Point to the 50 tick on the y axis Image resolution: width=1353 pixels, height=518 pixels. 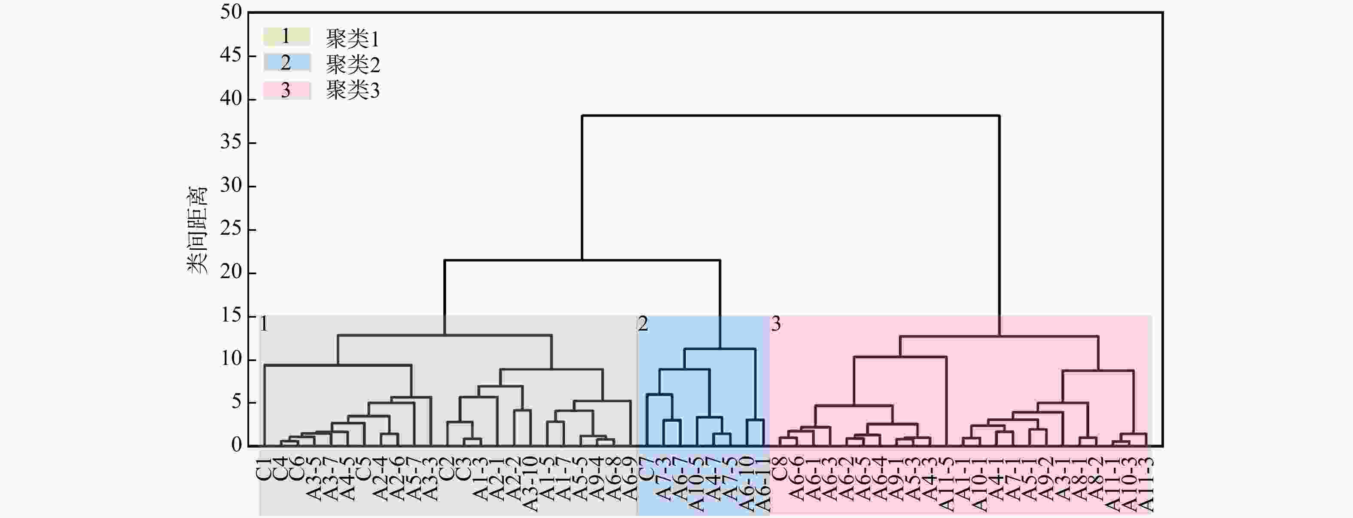point(231,12)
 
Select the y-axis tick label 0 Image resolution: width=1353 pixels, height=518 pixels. point(236,445)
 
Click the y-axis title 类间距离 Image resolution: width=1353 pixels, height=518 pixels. point(198,230)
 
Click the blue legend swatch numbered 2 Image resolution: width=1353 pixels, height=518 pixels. point(286,63)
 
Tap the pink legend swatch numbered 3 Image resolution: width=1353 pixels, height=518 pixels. point(286,90)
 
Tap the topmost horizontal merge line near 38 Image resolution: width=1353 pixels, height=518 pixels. point(790,115)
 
